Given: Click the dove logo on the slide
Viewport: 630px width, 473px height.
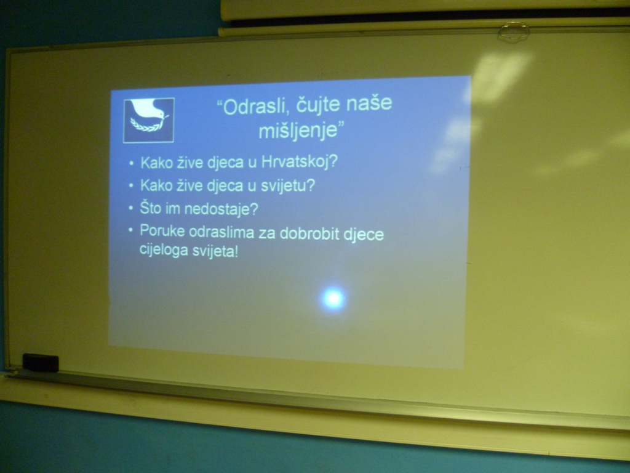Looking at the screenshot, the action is [149, 120].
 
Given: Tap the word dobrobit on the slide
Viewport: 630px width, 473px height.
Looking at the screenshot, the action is [309, 233].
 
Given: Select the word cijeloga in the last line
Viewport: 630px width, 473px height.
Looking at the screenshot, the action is [164, 249].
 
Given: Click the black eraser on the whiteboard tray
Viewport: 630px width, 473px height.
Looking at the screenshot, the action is [41, 362].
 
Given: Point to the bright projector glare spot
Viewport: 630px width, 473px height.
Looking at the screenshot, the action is [333, 299].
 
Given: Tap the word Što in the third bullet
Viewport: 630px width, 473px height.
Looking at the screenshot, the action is [150, 208].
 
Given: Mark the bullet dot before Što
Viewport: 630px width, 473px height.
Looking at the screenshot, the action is [130, 208].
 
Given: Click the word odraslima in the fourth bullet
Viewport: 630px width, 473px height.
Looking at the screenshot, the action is [221, 232].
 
